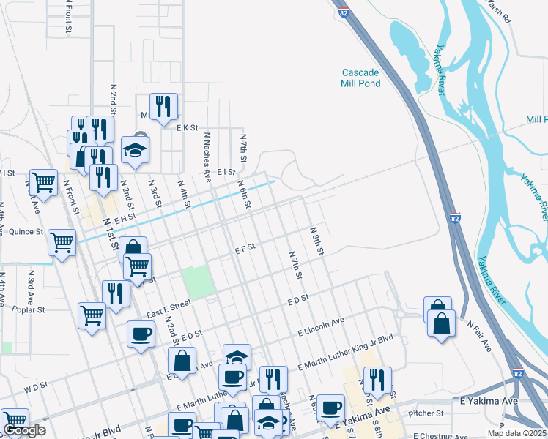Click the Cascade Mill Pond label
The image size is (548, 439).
point(360,78)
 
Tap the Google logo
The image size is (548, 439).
point(24,430)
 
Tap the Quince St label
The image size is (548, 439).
point(25,232)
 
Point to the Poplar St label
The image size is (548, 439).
point(29,309)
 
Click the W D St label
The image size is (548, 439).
point(34,383)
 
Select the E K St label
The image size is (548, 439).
point(188,127)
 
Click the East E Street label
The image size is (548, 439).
point(169,308)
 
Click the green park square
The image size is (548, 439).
point(196,282)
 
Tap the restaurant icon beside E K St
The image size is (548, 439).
point(163,107)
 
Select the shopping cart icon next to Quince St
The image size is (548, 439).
point(62,242)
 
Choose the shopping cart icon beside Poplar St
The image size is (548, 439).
point(92,316)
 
